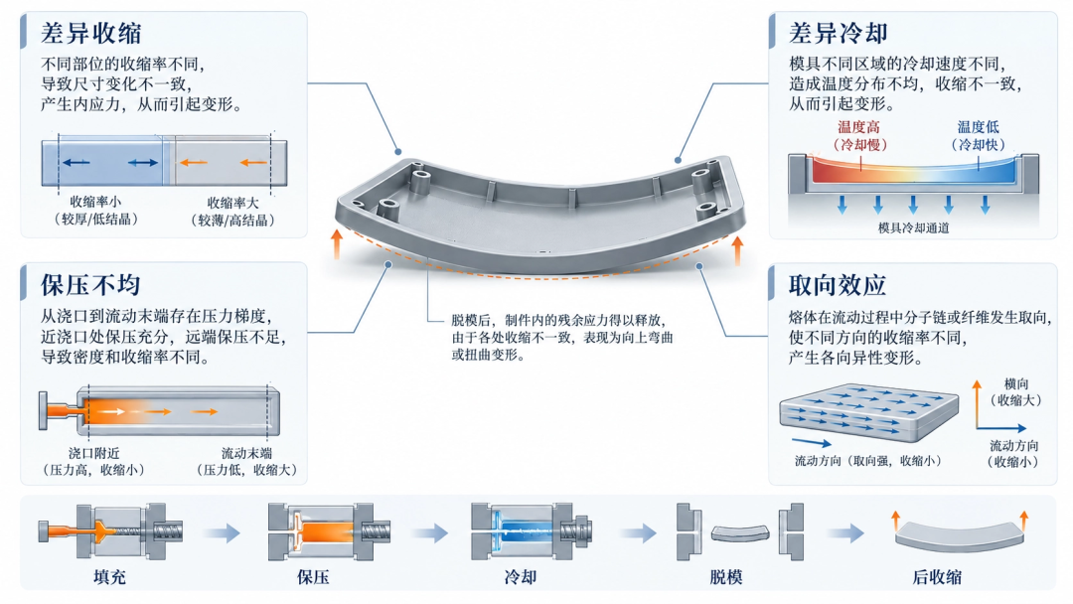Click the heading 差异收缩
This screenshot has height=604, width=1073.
click(91, 33)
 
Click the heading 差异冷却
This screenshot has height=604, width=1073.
click(839, 33)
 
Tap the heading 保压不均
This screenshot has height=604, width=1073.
click(90, 285)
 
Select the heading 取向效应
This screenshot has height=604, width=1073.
click(838, 285)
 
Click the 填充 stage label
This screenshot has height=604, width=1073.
click(109, 576)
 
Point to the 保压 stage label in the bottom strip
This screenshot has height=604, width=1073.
click(313, 576)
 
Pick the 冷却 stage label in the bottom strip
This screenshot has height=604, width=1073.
click(520, 576)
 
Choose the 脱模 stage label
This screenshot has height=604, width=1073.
click(726, 576)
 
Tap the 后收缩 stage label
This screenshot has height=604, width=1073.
click(937, 576)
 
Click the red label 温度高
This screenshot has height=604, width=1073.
click(858, 127)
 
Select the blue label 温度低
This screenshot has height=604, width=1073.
click(978, 127)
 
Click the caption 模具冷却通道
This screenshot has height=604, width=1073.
click(914, 227)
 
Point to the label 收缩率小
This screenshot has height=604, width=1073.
click(95, 202)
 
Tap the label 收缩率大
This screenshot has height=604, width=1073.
click(233, 204)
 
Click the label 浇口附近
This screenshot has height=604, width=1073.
click(93, 453)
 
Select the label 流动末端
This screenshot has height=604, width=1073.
click(246, 453)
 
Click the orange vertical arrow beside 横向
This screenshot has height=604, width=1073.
click(978, 404)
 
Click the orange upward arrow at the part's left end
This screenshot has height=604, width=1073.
click(337, 244)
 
